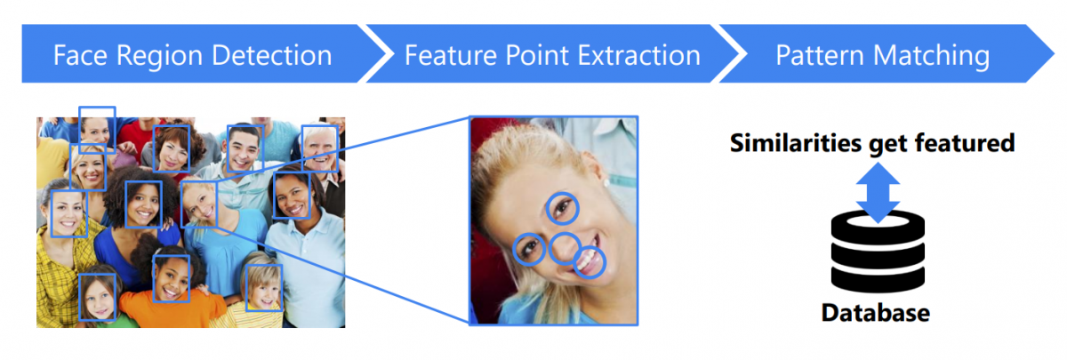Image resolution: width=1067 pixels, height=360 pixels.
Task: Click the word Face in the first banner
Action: tap(81, 55)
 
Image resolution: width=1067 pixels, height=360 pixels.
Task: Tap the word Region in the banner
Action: tap(159, 56)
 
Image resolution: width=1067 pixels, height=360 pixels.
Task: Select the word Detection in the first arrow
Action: tap(272, 55)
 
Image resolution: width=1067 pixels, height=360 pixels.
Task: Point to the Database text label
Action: tap(876, 313)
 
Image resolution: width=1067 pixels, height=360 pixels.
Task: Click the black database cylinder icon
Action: tap(878, 252)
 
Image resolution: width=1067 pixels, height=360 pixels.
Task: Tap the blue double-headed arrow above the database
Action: tap(878, 193)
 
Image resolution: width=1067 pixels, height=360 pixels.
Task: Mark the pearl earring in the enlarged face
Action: tap(606, 182)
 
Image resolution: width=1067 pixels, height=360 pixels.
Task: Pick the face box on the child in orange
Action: tap(153, 278)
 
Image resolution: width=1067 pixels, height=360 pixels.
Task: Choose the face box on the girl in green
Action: tap(79, 297)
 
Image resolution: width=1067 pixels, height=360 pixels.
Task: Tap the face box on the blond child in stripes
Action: tap(245, 288)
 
